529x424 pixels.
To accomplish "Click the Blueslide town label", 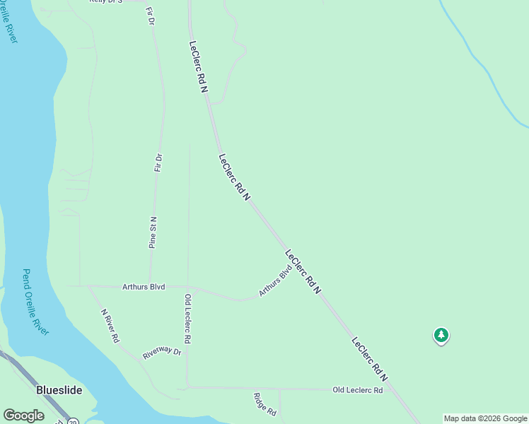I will click(59, 389).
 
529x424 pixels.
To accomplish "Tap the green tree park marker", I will click(441, 335).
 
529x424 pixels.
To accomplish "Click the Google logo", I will click(23, 416).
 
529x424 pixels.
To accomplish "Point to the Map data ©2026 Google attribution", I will click(486, 418).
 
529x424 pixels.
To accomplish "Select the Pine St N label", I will click(153, 232).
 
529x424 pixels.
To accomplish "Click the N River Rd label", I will click(110, 326).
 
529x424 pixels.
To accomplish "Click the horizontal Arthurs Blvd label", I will click(144, 287).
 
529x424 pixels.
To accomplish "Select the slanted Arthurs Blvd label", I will click(275, 281).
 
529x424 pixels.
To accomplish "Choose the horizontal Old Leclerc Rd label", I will click(358, 390).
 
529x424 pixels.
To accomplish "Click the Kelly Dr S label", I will click(106, 1).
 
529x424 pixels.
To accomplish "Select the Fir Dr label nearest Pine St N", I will click(158, 163).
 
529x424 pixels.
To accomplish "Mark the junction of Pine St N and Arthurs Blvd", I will click(149, 287).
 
